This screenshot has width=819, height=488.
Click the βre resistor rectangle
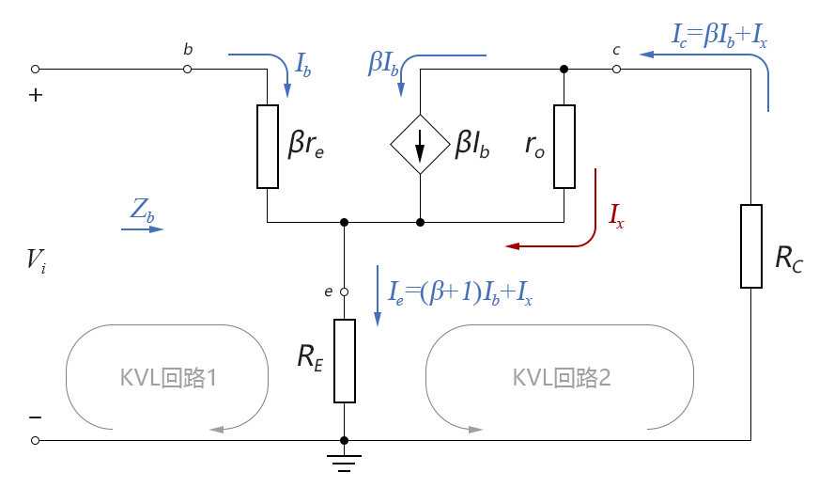[268, 147]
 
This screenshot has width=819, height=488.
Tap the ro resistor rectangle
[564, 147]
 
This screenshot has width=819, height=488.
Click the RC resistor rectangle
[751, 245]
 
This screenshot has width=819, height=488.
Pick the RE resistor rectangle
[345, 360]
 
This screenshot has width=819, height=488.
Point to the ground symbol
[345, 461]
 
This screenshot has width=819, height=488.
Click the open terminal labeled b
[188, 69]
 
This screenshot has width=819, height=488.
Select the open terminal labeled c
[616, 69]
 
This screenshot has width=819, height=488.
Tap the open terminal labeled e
[345, 291]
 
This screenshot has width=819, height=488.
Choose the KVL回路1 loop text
[169, 378]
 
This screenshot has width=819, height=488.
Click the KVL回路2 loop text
[562, 378]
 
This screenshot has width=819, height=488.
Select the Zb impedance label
[143, 213]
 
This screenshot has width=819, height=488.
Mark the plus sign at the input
[36, 95]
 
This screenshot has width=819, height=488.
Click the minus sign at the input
[35, 417]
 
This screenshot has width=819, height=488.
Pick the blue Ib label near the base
[304, 65]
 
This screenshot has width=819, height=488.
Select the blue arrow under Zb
[146, 228]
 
